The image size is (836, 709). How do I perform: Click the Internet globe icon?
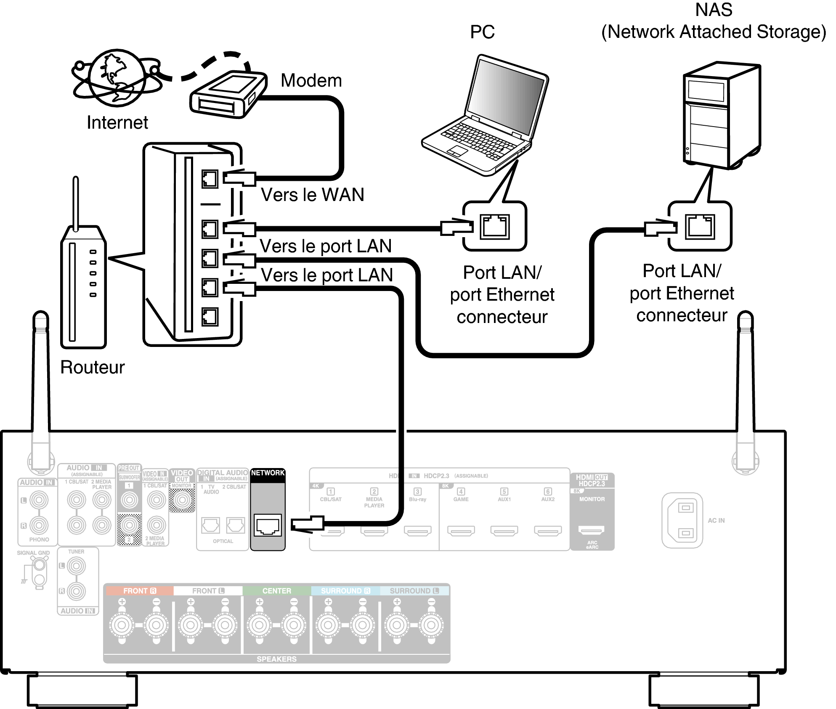click(x=116, y=78)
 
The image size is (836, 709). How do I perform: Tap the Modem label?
click(x=311, y=80)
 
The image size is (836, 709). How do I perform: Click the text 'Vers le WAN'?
click(x=312, y=195)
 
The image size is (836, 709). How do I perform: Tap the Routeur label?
click(x=92, y=367)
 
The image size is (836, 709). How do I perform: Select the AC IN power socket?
click(x=682, y=520)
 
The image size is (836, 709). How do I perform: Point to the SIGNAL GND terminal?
click(x=40, y=566)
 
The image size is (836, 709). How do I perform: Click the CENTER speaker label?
click(x=276, y=591)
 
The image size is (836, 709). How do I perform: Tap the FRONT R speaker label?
click(x=139, y=591)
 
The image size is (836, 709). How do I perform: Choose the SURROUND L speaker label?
click(x=414, y=591)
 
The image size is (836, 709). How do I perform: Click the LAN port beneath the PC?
click(x=495, y=226)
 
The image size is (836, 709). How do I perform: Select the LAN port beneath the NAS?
click(x=700, y=226)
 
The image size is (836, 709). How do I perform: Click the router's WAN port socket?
click(x=210, y=179)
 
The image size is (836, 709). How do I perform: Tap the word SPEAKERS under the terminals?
click(x=276, y=659)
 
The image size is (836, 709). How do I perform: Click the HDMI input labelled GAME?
click(x=461, y=531)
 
